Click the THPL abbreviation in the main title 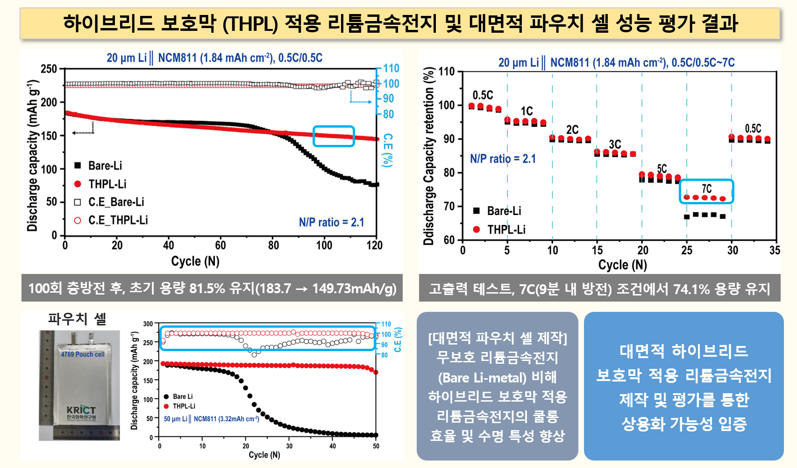249,23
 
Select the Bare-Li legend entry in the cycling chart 105,166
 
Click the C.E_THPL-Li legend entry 118,220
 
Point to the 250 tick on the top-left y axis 49,69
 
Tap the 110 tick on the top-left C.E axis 391,68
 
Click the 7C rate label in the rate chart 707,188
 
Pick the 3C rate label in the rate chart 615,144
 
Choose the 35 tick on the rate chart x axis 775,251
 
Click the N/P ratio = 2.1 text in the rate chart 503,159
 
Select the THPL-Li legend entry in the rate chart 506,230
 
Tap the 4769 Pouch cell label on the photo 83,354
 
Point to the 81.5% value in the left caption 207,288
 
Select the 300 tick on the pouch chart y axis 148,324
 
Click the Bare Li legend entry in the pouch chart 182,396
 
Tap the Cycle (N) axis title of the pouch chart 264,455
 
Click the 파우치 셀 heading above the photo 77,319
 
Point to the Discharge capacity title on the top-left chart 32,155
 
